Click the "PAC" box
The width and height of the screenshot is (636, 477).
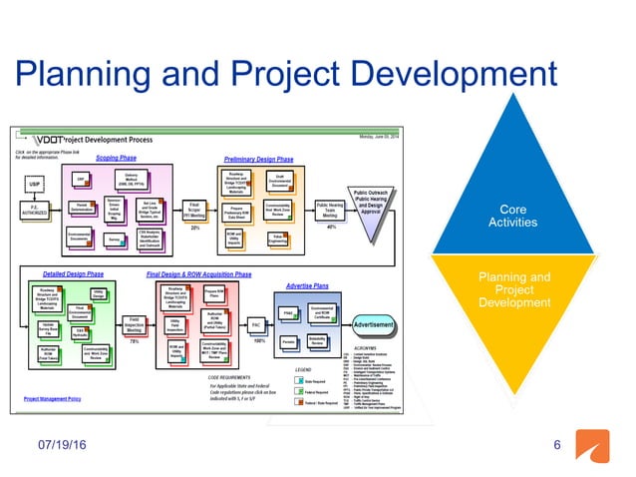[x=255, y=325]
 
